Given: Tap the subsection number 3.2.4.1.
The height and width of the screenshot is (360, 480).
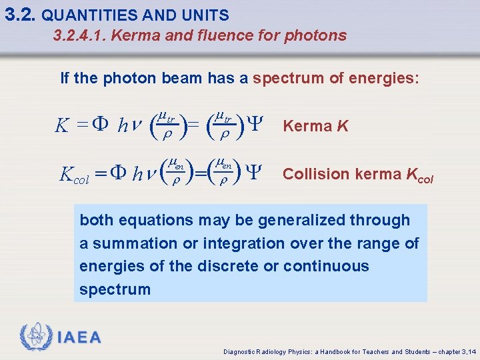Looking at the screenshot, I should [x=79, y=35].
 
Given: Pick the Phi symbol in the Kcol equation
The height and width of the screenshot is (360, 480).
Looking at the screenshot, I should [x=117, y=174].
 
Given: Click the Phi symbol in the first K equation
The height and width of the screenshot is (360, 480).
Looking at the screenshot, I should [x=100, y=125].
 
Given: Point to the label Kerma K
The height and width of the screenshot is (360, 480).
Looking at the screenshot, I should [x=316, y=126].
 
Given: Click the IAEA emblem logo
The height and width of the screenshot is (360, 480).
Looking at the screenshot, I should [x=35, y=337].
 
